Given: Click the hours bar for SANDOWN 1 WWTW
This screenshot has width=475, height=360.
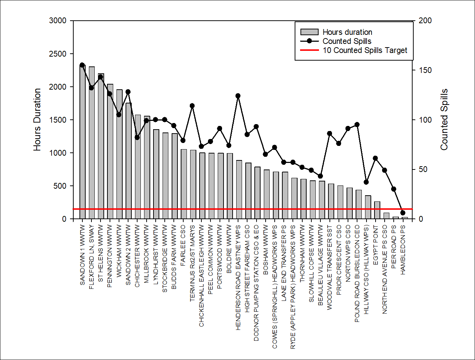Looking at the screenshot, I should pyautogui.click(x=82, y=145).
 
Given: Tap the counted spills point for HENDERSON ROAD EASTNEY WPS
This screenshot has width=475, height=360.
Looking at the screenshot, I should pyautogui.click(x=238, y=96).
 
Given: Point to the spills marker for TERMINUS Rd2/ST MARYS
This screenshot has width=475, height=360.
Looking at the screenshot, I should pyautogui.click(x=192, y=106).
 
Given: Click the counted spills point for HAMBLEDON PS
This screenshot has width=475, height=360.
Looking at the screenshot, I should pyautogui.click(x=403, y=213).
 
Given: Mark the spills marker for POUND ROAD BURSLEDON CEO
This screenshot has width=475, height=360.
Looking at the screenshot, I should pyautogui.click(x=357, y=124).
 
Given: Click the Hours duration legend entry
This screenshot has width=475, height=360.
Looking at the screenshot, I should pyautogui.click(x=347, y=32).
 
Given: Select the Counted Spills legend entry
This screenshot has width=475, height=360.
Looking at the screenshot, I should pyautogui.click(x=347, y=41).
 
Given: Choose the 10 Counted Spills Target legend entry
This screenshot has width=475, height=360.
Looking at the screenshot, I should pyautogui.click(x=365, y=50).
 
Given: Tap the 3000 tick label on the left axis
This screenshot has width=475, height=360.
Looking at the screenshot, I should pyautogui.click(x=58, y=21).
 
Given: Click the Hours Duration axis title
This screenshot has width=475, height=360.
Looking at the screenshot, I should pyautogui.click(x=37, y=120).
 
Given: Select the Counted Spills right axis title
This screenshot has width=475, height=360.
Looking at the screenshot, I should pyautogui.click(x=444, y=120).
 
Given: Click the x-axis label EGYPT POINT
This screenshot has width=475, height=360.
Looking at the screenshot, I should pyautogui.click(x=376, y=245).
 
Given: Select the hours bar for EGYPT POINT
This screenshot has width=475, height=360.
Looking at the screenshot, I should pyautogui.click(x=377, y=210).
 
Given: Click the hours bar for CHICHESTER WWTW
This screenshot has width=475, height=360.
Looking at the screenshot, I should pyautogui.click(x=138, y=167).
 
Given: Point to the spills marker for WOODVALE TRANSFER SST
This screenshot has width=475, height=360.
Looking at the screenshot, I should pyautogui.click(x=329, y=134).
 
